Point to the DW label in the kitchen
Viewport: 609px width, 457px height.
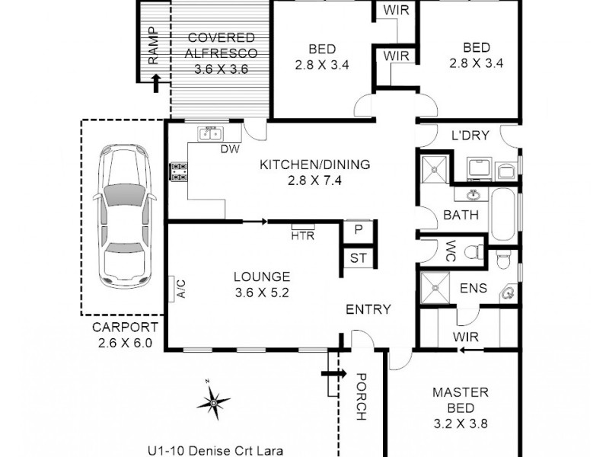[x=230, y=149]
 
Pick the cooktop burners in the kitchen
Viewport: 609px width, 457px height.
[x=179, y=171]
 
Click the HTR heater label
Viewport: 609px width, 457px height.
[x=302, y=235]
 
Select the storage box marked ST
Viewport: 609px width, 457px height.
[x=358, y=258]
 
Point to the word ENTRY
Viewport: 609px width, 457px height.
[x=368, y=309]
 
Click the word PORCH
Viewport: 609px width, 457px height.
[x=361, y=396]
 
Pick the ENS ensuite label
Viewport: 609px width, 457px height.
[x=473, y=289]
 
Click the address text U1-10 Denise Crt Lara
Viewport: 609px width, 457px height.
[x=215, y=450]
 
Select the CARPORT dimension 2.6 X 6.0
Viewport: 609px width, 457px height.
[x=126, y=342]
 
